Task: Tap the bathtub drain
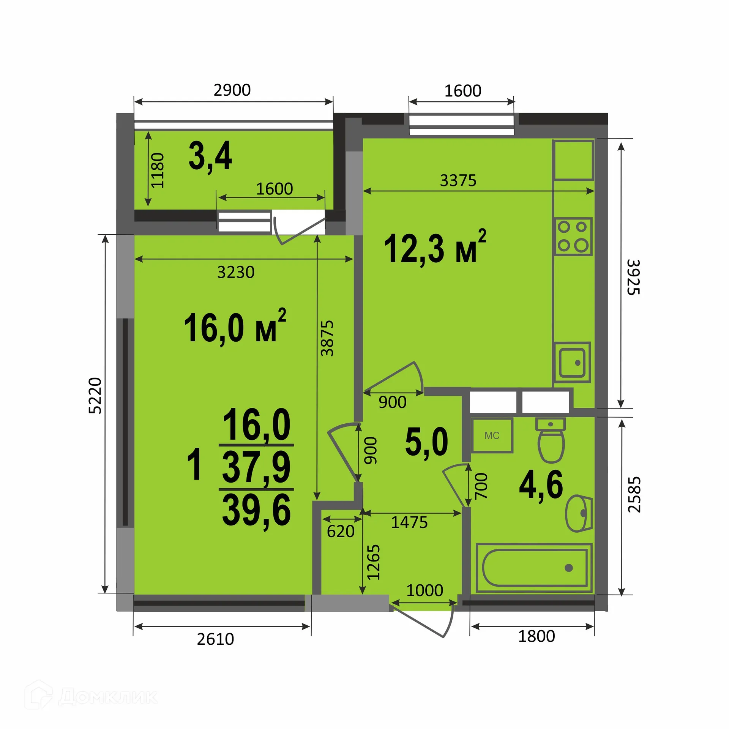click(x=568, y=568)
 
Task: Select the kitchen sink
click(x=572, y=363)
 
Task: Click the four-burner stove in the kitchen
click(x=573, y=237)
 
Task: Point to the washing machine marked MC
click(x=492, y=435)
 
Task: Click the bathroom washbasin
click(x=580, y=513)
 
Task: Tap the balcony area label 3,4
click(x=210, y=156)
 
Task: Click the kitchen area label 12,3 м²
click(x=435, y=248)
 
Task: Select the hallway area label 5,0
click(x=426, y=442)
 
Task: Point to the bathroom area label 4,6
click(x=541, y=485)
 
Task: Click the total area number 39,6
click(x=257, y=510)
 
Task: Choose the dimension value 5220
click(x=95, y=396)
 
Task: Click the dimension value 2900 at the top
click(x=232, y=90)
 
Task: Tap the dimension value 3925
click(x=633, y=277)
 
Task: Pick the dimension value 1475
click(x=409, y=522)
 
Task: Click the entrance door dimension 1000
click(x=425, y=590)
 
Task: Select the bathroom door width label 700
click(x=481, y=486)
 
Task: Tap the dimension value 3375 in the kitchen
click(x=458, y=180)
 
